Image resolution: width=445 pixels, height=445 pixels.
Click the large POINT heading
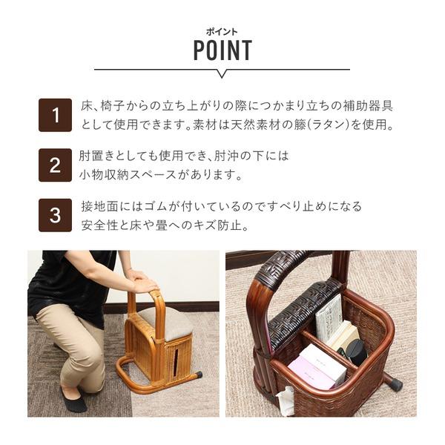222,50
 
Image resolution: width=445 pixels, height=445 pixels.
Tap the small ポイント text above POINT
222,32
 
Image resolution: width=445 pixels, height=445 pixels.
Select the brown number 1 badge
55,115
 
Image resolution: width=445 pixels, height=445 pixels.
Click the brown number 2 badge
55,165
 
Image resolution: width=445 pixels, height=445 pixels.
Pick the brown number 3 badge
55,215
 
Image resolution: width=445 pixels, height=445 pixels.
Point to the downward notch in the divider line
222,73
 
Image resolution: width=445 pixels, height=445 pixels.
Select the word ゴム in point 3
156,206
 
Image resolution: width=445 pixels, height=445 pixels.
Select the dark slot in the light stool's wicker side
176,361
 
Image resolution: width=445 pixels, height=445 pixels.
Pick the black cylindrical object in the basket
357,352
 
